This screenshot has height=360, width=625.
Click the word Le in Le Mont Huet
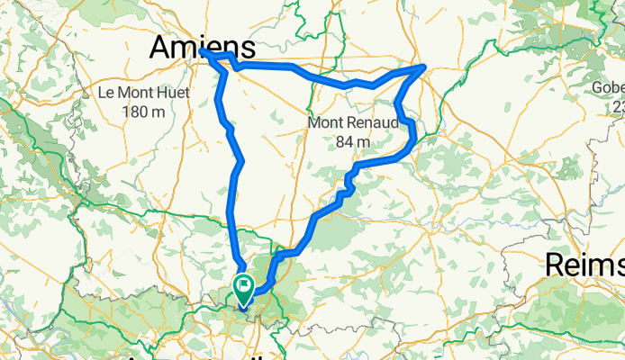click(106, 93)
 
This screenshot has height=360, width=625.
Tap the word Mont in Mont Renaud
click(325, 122)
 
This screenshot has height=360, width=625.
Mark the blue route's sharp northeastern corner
click(424, 67)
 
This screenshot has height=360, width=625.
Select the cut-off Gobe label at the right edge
click(608, 88)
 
